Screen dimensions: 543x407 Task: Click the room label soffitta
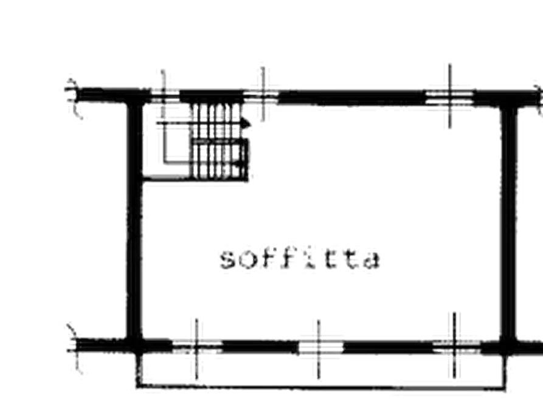[300, 258]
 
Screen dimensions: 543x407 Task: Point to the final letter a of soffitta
[372, 260]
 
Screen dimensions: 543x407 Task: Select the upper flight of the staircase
[217, 120]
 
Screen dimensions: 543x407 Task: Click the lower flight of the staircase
[220, 160]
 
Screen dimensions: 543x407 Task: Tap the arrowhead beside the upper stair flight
[246, 123]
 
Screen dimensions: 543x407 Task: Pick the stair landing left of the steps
[167, 142]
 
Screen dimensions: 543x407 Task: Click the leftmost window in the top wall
[165, 96]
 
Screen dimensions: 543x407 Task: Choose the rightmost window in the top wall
[449, 97]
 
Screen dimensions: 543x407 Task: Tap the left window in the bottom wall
[197, 347]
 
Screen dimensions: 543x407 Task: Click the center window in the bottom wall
[320, 347]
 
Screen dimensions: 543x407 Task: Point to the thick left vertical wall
[134, 222]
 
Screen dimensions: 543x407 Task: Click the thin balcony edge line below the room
[320, 387]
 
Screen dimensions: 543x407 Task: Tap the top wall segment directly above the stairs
[212, 96]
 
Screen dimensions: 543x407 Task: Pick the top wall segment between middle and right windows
[352, 98]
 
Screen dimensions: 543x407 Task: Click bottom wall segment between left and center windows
[260, 347]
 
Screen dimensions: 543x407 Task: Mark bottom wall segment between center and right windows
[388, 347]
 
